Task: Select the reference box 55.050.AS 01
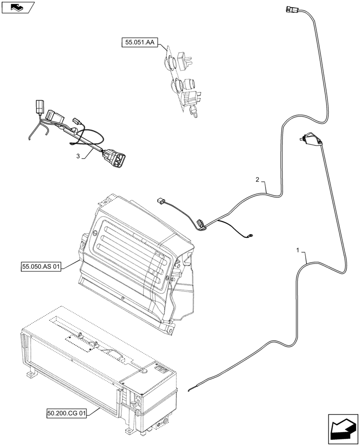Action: pyautogui.click(x=41, y=267)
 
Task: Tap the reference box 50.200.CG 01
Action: pyautogui.click(x=66, y=413)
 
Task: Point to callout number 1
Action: pyautogui.click(x=297, y=250)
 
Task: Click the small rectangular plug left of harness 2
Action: pyautogui.click(x=161, y=202)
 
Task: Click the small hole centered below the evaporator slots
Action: pyautogui.click(x=123, y=298)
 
